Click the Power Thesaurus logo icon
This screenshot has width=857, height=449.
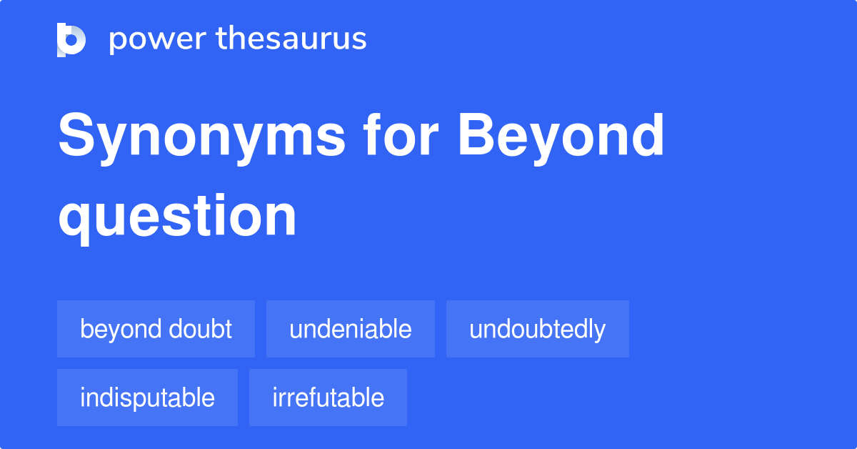(x=71, y=39)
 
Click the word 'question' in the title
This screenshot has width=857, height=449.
(x=177, y=216)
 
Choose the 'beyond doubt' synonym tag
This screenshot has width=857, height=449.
(x=156, y=329)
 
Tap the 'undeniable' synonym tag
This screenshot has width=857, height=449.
(x=350, y=329)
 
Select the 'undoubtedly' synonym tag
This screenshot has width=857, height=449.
(x=537, y=329)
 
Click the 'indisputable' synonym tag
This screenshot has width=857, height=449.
(x=147, y=398)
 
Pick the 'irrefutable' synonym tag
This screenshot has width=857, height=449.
(x=328, y=398)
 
